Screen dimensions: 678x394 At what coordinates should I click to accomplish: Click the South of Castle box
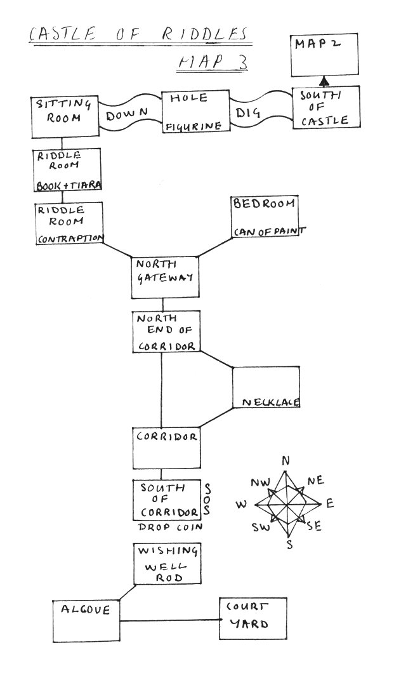326,108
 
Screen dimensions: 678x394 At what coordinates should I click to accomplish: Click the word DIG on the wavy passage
249,114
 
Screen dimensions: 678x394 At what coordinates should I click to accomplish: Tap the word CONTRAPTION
70,239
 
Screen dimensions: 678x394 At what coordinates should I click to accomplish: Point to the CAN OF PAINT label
266,232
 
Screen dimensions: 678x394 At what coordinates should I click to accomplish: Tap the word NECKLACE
270,402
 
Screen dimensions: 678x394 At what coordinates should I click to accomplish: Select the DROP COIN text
171,528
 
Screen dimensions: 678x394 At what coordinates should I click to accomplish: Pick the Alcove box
86,620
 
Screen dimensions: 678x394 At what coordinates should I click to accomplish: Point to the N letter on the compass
286,460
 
